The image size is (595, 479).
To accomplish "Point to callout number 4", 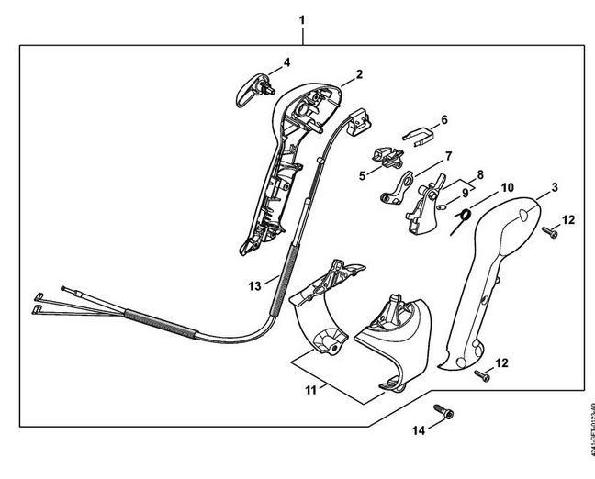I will [286, 62].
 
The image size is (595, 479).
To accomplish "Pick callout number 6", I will [443, 119].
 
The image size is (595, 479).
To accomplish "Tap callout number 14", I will [418, 429].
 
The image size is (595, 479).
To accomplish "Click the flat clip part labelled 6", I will [417, 136].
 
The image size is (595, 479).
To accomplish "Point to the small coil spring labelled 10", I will [465, 216].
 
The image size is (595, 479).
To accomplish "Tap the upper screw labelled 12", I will [550, 232].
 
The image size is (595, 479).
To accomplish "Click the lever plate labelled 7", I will [397, 189].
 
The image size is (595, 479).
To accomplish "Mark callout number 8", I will [479, 173].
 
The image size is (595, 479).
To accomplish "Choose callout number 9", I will [461, 195].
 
